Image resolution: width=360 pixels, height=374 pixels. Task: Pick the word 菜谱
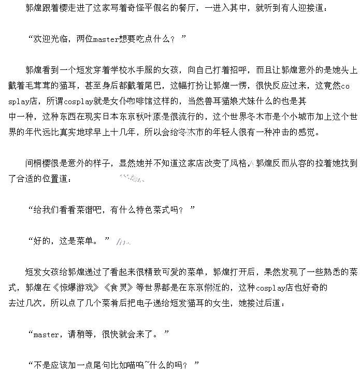tap(87, 209)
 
